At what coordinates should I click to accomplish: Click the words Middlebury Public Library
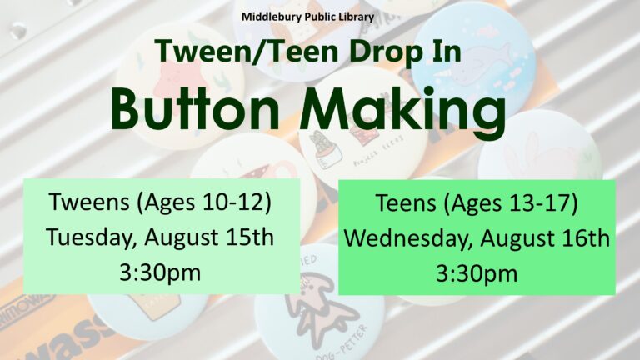point(307,17)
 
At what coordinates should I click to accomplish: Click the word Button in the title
point(195,110)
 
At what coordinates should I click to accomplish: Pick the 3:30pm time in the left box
point(160,272)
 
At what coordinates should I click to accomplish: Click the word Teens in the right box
point(406,202)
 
